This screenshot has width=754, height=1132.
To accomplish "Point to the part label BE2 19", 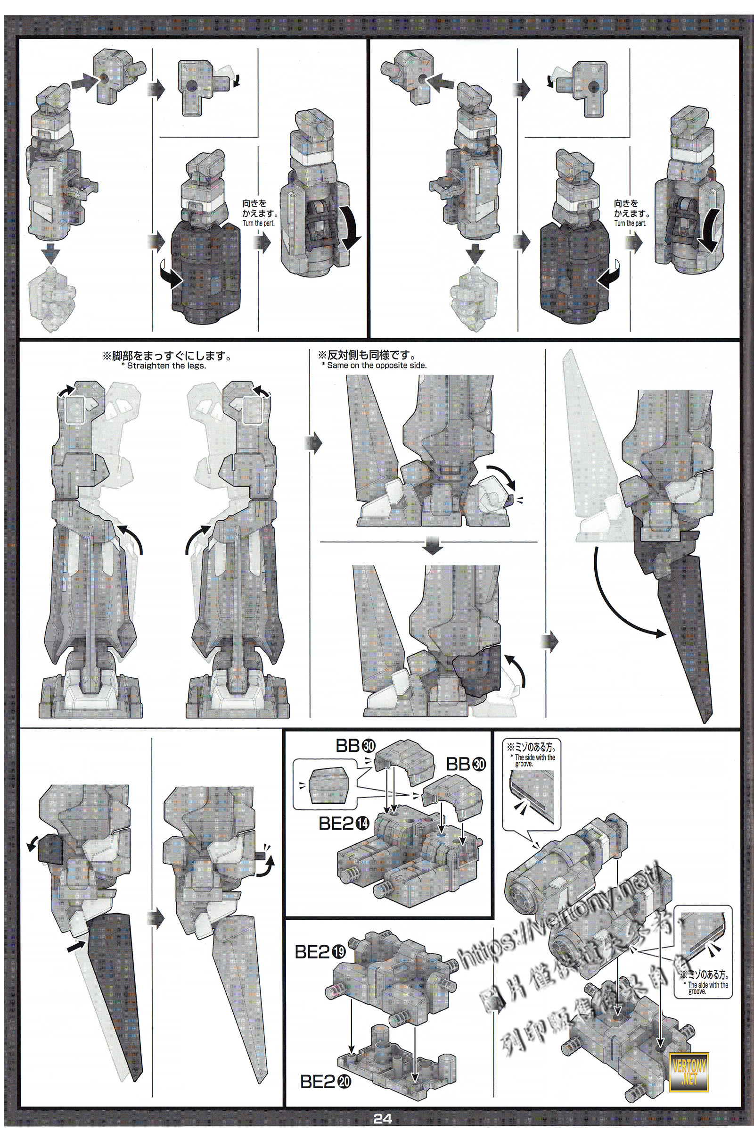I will [319, 952].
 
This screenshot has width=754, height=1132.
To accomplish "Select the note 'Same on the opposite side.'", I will [374, 365].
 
